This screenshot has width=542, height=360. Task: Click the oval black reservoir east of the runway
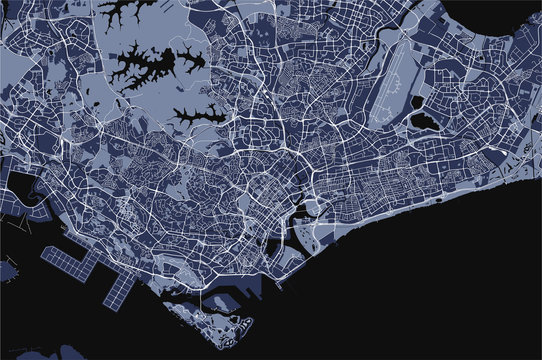tap(422, 121)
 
